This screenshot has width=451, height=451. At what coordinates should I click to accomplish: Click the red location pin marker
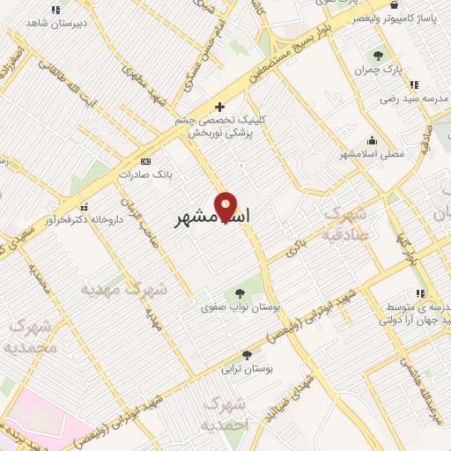(226, 207)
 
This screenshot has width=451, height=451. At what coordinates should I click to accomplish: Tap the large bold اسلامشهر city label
(211, 217)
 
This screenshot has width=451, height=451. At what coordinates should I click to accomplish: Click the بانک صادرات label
(146, 174)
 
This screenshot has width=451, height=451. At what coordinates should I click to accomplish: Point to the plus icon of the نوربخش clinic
(220, 107)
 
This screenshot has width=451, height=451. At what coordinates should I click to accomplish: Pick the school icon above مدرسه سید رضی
(413, 85)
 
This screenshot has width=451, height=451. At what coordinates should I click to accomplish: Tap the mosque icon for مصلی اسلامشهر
(373, 139)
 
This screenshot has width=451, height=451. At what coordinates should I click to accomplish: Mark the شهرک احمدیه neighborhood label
(227, 413)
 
